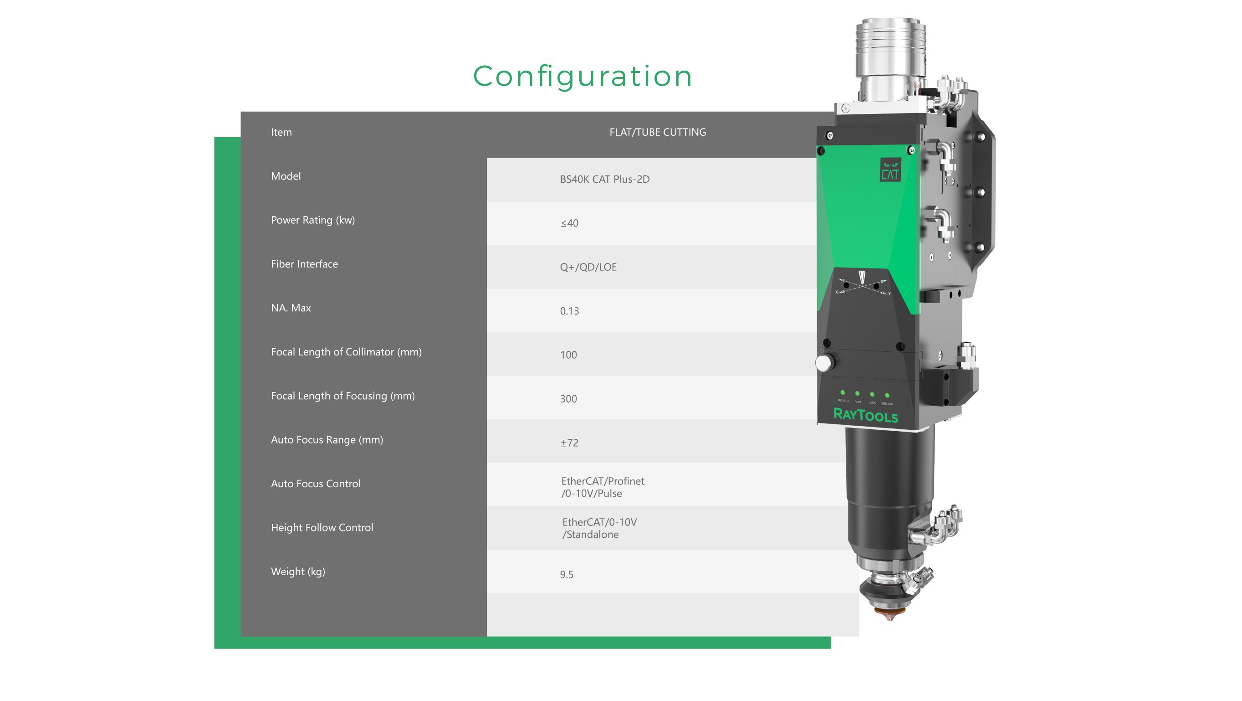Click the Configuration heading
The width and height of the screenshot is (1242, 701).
point(583,77)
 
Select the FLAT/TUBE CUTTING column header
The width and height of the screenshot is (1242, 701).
point(658,132)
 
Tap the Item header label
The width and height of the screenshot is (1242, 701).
point(281,132)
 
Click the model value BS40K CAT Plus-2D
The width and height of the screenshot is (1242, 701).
point(605,179)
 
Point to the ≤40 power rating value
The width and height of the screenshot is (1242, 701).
point(569,223)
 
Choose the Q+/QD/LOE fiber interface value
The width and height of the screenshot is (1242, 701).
point(588,267)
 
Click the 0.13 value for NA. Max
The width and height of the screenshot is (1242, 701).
point(569,311)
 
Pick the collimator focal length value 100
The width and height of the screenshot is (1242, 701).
point(568,355)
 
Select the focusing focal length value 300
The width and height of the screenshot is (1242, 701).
point(568,398)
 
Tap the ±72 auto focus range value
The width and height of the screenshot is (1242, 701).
point(569,443)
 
